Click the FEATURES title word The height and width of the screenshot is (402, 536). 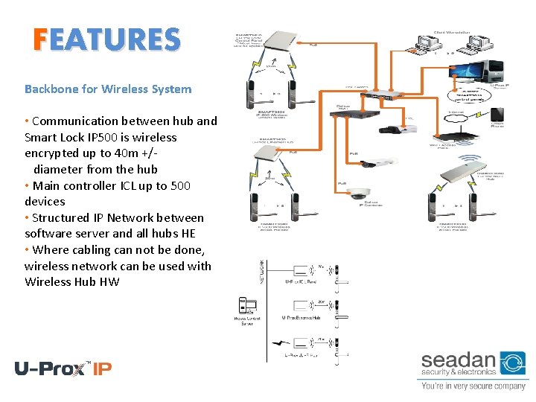click(106, 39)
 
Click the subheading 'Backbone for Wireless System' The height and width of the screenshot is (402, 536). click(108, 89)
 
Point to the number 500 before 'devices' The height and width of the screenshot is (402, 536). click(181, 185)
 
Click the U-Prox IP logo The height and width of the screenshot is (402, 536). click(63, 368)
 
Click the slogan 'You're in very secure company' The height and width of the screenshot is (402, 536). click(473, 386)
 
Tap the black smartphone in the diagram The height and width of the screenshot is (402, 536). click(507, 114)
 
